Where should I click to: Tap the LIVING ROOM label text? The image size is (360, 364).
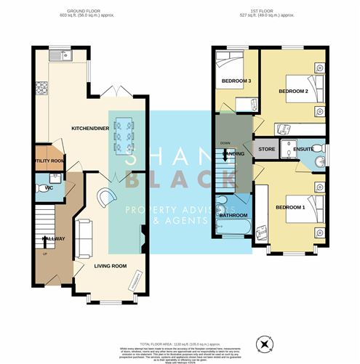pos(110,266)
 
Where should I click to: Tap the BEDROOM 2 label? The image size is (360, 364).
pos(295,92)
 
